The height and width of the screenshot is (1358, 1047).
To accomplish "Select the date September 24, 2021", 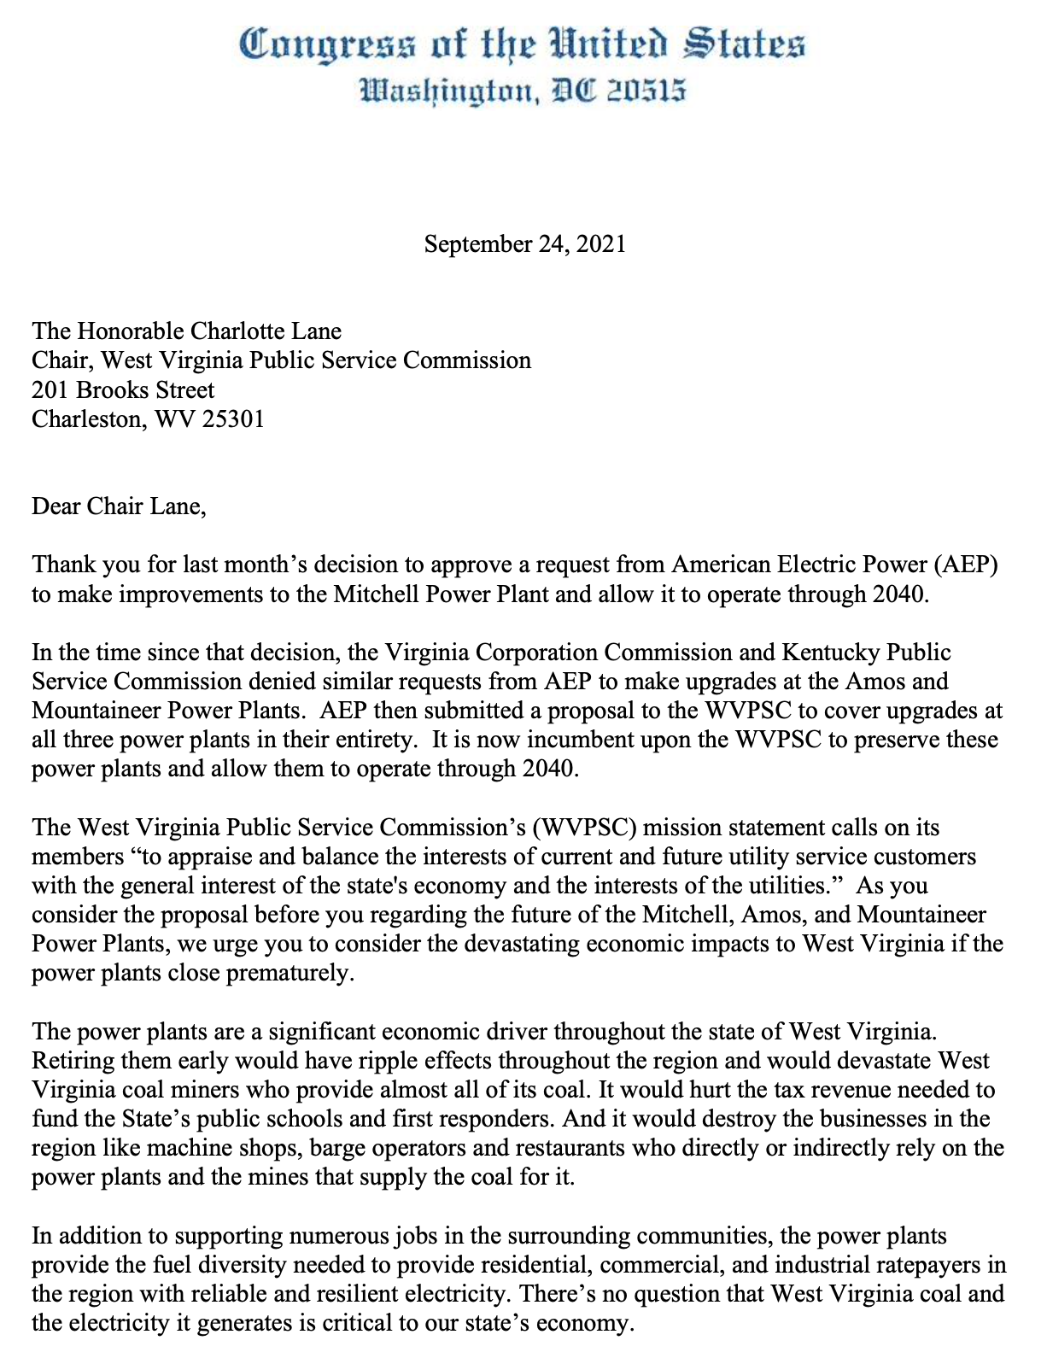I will pyautogui.click(x=524, y=244).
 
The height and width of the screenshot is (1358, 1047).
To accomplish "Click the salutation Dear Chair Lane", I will pyautogui.click(x=119, y=506).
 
